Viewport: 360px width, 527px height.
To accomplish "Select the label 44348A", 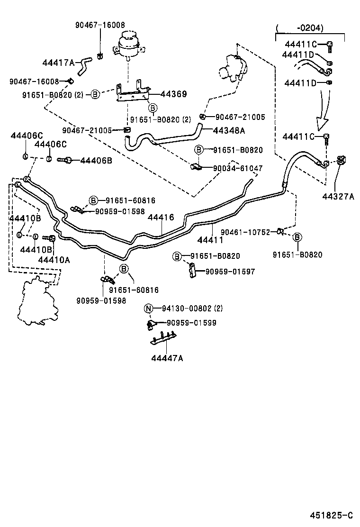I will tap(229, 130).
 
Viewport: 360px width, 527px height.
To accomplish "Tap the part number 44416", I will tap(161, 218).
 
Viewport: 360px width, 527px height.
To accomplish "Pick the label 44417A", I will tap(59, 63).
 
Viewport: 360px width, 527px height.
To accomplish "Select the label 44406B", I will tap(96, 161).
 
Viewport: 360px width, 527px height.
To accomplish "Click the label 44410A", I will tap(54, 259).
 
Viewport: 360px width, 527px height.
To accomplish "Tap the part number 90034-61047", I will tap(238, 168).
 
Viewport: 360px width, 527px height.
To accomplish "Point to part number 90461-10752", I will tap(245, 232).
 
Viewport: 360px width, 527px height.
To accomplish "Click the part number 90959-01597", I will tap(230, 272).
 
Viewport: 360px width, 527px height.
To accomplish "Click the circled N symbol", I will tap(148, 309).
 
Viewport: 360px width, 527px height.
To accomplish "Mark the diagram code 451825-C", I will tap(332, 515).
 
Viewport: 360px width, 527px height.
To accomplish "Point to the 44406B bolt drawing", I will tap(66, 160).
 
